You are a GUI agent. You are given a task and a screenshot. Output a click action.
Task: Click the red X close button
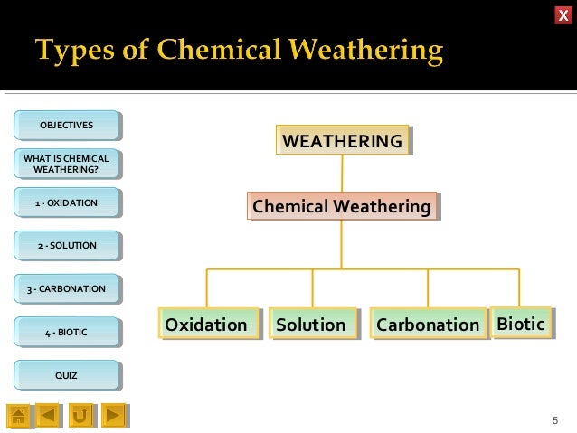tap(563, 14)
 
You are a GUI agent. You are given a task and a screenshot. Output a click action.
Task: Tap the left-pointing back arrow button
tap(49, 415)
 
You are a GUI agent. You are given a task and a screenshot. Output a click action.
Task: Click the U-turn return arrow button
tap(80, 415)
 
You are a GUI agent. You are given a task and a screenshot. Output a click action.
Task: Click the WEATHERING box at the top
tap(342, 142)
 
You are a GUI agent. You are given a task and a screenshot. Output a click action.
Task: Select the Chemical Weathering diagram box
tap(341, 207)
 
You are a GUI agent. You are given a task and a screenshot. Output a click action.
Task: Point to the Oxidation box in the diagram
tap(205, 325)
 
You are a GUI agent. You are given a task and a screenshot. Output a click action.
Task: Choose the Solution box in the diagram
tap(311, 325)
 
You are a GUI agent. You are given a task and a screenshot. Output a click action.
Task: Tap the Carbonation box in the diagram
tap(428, 325)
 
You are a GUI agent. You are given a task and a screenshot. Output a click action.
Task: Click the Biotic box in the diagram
tap(520, 323)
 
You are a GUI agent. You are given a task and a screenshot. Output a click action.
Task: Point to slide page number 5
tap(555, 420)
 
